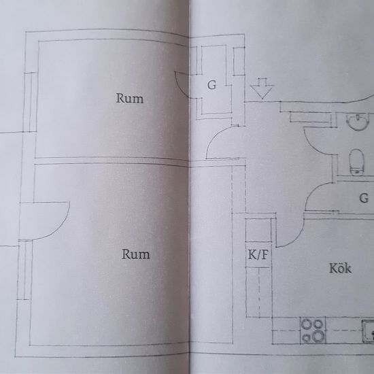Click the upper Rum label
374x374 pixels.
click(x=129, y=99)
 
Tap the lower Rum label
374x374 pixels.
click(x=136, y=254)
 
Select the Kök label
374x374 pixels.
click(x=341, y=268)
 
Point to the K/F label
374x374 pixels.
click(x=258, y=255)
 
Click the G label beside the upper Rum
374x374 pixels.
click(x=211, y=85)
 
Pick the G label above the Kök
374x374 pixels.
click(x=364, y=198)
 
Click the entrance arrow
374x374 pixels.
click(x=262, y=88)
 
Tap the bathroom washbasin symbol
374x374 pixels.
click(x=357, y=122)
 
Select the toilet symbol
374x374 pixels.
click(x=356, y=162)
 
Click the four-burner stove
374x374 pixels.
click(x=313, y=330)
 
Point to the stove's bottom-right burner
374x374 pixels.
click(x=318, y=336)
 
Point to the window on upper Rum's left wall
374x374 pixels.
click(x=31, y=102)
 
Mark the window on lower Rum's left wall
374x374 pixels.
click(x=24, y=270)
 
